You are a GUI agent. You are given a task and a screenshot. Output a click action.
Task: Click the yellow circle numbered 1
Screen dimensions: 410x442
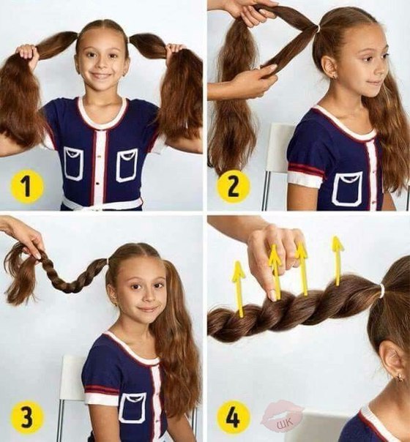[27, 186]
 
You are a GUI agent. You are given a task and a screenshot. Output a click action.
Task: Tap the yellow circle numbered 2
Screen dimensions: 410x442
[233, 186]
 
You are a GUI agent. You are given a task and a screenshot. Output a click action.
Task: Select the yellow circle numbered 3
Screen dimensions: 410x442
[27, 417]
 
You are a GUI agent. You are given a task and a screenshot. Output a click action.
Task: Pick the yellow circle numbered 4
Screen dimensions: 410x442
[233, 417]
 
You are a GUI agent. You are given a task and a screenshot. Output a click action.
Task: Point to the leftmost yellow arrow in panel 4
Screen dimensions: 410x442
[239, 288]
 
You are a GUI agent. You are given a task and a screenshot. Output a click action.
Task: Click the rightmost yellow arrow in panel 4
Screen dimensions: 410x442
[338, 260]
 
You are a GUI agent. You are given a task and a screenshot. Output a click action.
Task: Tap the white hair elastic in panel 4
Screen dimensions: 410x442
[382, 288]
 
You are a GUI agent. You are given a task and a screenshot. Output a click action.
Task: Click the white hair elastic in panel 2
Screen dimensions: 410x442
[318, 28]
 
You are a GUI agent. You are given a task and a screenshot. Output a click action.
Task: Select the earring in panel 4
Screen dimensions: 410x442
[400, 377]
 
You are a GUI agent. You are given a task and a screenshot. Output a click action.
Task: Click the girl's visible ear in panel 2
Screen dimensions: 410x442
[330, 67]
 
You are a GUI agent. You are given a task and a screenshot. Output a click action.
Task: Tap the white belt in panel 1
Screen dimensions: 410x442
[102, 203]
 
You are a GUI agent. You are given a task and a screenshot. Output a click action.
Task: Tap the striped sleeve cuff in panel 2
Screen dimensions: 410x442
[304, 174]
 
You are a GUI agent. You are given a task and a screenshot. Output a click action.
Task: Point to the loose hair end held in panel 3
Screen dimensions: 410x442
[21, 271]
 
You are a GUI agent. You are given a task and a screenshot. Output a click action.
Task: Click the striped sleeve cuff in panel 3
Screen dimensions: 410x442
[102, 392]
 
